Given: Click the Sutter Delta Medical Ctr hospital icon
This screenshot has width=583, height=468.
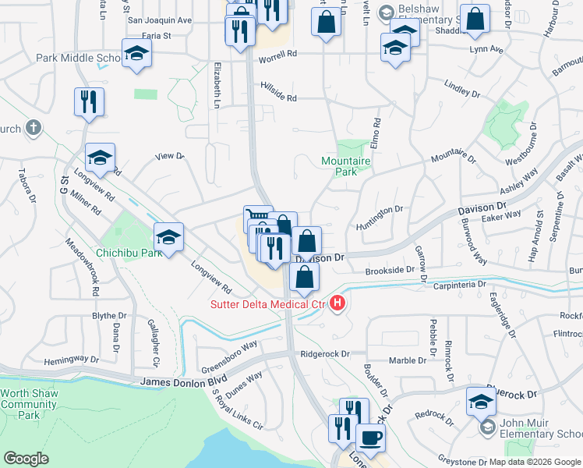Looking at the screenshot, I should click(x=337, y=303).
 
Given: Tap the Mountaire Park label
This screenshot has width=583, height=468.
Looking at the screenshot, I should click(x=340, y=166).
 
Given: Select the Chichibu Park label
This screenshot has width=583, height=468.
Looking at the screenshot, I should click(x=129, y=253).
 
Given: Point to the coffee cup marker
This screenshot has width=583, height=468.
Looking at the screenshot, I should click(x=370, y=438).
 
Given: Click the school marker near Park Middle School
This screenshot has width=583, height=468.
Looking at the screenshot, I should click(x=136, y=54).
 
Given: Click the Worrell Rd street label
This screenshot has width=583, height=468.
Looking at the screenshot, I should click(x=281, y=54).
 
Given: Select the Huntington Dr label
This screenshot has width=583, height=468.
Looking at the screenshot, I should click(x=381, y=209).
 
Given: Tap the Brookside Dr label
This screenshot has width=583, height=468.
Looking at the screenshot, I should click(x=390, y=270).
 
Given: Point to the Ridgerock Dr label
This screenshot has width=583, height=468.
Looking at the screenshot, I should click(x=325, y=353).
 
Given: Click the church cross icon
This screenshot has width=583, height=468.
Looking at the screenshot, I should click(x=33, y=126).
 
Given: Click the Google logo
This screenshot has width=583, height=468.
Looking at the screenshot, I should click(x=26, y=459).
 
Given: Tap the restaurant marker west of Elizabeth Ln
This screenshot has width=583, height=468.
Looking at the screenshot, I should click(x=89, y=101).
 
